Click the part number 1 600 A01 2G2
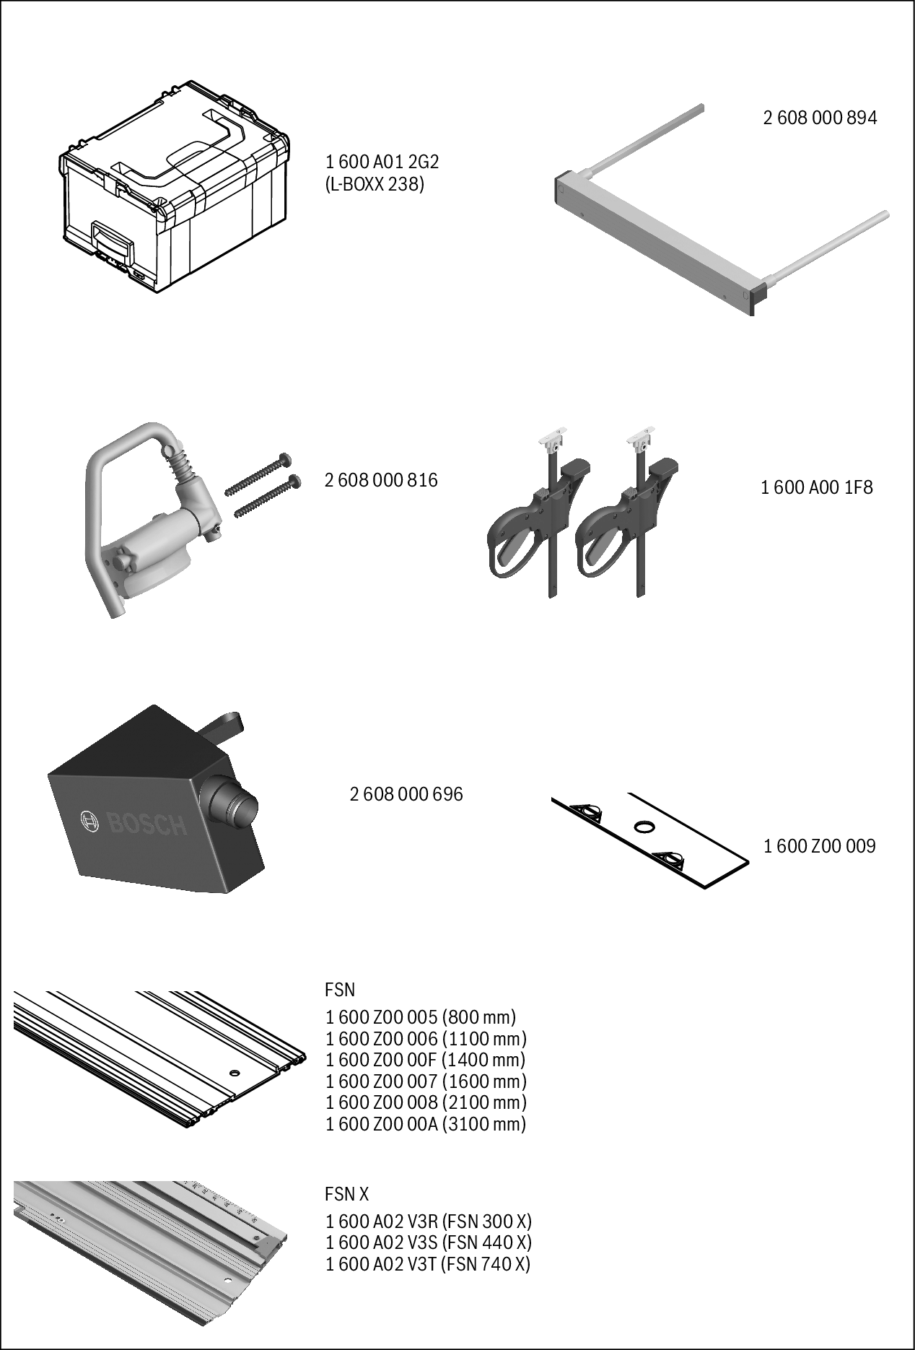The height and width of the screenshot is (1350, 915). click(382, 162)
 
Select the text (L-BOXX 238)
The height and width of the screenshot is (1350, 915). click(375, 184)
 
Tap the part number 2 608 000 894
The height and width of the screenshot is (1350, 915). click(820, 118)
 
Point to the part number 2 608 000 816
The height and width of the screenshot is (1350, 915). click(381, 480)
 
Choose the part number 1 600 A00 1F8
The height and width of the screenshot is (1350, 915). click(816, 488)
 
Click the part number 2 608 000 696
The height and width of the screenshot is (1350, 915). click(406, 794)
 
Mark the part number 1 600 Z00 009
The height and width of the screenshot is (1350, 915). click(819, 846)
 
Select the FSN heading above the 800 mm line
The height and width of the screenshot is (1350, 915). click(340, 989)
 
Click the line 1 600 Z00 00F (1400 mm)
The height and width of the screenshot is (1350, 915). click(425, 1060)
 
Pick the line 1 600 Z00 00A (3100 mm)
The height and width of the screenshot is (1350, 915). click(426, 1124)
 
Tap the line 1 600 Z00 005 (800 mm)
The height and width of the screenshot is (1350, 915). click(421, 1017)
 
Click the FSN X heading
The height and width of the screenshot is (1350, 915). click(347, 1194)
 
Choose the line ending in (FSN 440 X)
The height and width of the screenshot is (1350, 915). click(428, 1242)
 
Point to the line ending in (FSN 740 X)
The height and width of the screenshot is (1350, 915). click(428, 1264)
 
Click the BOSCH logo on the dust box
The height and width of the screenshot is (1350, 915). click(133, 822)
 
